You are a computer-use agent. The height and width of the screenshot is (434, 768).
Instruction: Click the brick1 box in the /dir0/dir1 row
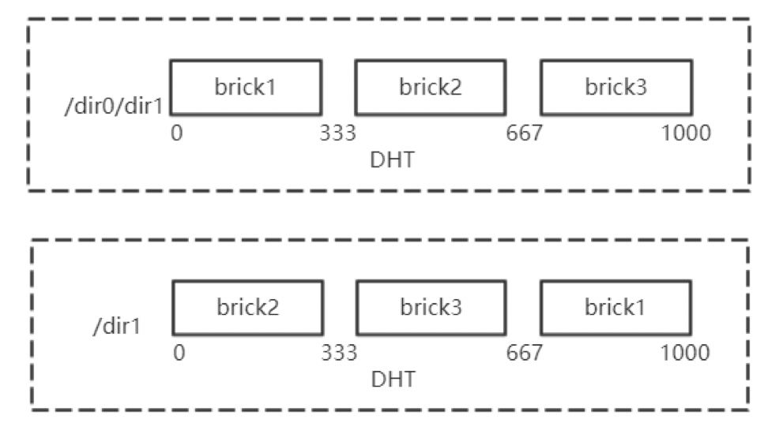point(246,87)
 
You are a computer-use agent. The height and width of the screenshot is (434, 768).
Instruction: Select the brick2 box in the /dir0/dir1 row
point(431,87)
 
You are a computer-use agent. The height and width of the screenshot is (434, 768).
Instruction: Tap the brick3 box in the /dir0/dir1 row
point(616,87)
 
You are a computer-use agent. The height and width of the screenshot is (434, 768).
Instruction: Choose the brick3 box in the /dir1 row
point(431,307)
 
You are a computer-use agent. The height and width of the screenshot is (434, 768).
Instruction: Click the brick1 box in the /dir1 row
point(616,307)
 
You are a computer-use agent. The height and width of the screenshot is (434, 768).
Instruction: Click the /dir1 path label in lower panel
point(117,325)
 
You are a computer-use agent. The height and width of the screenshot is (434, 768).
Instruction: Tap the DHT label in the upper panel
point(392,160)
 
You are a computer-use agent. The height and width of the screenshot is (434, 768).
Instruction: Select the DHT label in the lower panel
point(392,380)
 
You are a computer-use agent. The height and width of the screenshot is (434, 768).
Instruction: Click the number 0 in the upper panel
point(177,133)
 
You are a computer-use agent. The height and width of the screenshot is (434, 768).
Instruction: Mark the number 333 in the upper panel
point(338,133)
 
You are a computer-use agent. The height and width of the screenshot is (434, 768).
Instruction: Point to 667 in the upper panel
point(524,133)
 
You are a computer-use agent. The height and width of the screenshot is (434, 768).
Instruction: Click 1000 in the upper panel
point(686,133)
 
